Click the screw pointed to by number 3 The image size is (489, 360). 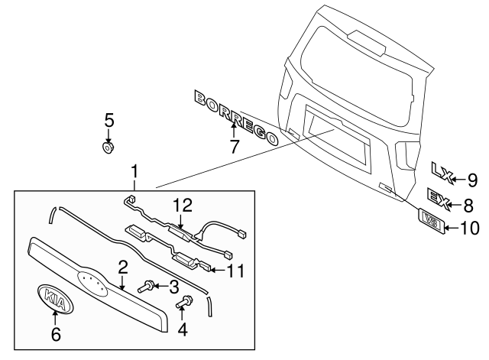pos(147,287)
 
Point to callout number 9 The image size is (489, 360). pos(471,180)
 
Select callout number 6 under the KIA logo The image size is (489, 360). pos(53,333)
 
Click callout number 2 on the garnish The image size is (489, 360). pos(121,267)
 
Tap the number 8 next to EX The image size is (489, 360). pos(468,204)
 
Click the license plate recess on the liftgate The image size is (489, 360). pos(336,137)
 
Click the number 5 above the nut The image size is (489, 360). pos(108,119)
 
